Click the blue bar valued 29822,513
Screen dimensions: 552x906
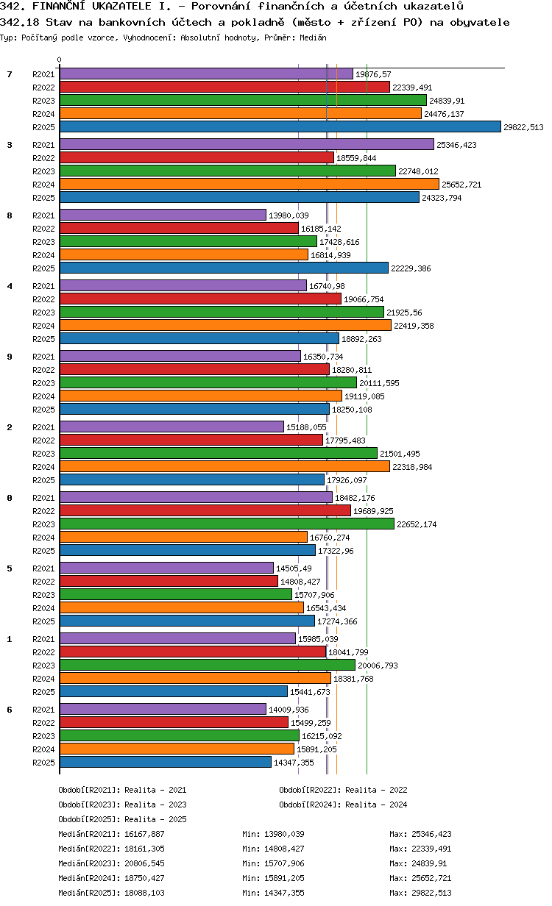[x=280, y=127]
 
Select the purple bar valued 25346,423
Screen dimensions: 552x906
[x=247, y=144]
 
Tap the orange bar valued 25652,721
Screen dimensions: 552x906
[x=250, y=185]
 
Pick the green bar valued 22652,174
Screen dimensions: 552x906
[x=227, y=524]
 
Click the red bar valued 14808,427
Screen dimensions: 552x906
[x=169, y=582]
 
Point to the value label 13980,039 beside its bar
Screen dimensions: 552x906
[x=289, y=215]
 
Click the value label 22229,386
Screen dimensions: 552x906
[x=411, y=268]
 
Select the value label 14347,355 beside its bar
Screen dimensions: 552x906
[x=294, y=763]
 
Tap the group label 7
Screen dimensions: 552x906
[x=10, y=74]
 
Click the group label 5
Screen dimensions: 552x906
[x=10, y=568]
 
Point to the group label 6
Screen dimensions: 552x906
[x=10, y=710]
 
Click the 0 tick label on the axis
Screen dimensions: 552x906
[x=60, y=60]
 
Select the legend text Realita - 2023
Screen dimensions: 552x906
[x=155, y=805]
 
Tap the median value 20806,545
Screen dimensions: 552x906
[x=144, y=863]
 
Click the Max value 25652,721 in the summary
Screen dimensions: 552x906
[x=431, y=878]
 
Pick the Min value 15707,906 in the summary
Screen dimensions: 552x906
[x=284, y=863]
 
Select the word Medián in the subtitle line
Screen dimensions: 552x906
[x=313, y=38]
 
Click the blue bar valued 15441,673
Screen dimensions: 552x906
[x=174, y=692]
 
